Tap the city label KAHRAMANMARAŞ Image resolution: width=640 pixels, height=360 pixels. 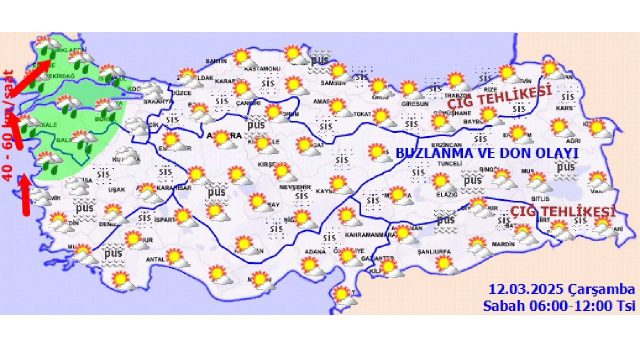(370, 234)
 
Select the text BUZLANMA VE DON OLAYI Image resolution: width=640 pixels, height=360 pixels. (487, 153)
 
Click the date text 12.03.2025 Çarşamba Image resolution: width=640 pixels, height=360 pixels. (561, 289)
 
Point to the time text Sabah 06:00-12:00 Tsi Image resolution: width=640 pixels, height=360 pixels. (559, 305)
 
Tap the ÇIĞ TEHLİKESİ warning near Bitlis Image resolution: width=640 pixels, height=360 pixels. (562, 211)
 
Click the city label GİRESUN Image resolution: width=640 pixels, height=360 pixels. (415, 104)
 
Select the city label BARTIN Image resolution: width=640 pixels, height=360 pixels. (216, 61)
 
